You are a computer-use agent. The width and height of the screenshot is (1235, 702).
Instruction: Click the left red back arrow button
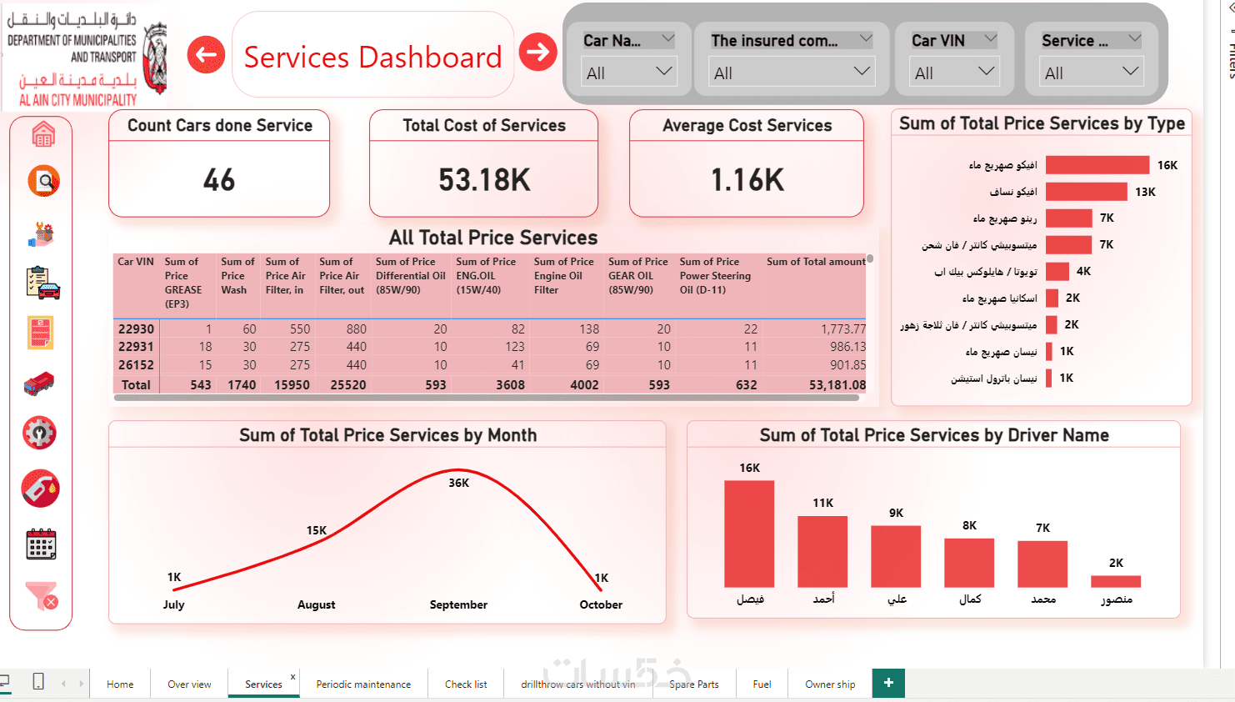click(206, 55)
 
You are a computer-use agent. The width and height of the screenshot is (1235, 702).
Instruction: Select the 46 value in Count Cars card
click(219, 180)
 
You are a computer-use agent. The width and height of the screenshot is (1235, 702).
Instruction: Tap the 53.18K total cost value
click(484, 180)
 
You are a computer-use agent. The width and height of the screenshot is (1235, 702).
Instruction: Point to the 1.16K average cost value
click(747, 180)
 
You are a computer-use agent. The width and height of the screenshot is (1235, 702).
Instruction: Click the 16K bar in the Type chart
click(1097, 165)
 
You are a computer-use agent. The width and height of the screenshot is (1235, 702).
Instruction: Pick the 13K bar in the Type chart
click(1086, 192)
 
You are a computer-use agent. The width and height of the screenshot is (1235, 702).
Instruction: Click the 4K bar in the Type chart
click(1057, 271)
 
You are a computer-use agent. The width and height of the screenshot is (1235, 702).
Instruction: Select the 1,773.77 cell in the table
click(842, 329)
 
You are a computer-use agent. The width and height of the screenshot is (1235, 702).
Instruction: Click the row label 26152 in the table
click(136, 365)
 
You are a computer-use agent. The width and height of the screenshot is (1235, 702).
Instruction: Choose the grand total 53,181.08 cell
click(837, 385)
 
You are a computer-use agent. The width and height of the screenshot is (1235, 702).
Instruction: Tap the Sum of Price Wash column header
click(237, 276)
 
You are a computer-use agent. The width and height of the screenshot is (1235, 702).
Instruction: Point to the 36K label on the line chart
click(459, 483)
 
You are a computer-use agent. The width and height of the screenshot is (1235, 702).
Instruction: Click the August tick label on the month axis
click(317, 604)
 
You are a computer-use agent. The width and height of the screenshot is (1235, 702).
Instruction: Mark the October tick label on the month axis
click(601, 604)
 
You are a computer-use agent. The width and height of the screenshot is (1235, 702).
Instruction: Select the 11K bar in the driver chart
click(822, 552)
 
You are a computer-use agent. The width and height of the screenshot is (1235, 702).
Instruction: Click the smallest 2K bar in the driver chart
click(1116, 581)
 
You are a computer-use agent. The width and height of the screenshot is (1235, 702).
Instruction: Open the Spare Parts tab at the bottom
click(693, 684)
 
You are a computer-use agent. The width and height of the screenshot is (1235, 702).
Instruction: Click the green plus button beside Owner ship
click(888, 683)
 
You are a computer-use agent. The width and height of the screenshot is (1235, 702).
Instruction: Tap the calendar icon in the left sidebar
click(41, 544)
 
